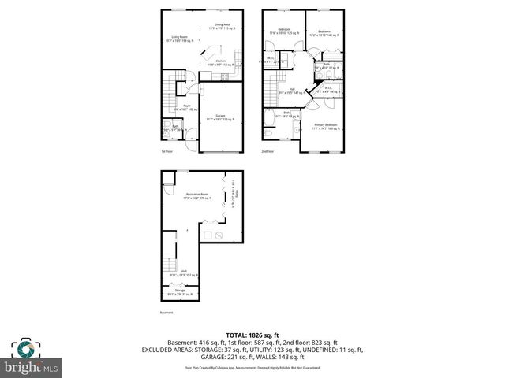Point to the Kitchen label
point(221,63)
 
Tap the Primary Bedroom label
point(324,127)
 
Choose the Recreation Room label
point(196,196)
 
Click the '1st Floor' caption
point(166,152)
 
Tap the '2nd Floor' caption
point(267,152)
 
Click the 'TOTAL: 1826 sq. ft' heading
point(252,335)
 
